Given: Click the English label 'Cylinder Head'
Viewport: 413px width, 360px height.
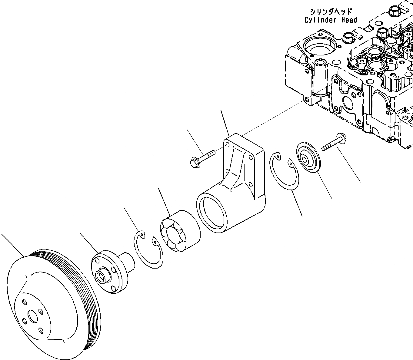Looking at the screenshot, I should [x=331, y=20].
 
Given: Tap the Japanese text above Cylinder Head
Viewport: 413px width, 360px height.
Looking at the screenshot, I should [x=331, y=12].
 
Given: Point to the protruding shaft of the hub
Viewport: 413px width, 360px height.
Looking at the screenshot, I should [x=127, y=261].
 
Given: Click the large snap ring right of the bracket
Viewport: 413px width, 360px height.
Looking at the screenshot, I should [x=284, y=172].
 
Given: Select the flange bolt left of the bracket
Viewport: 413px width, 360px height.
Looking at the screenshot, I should [x=202, y=157].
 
